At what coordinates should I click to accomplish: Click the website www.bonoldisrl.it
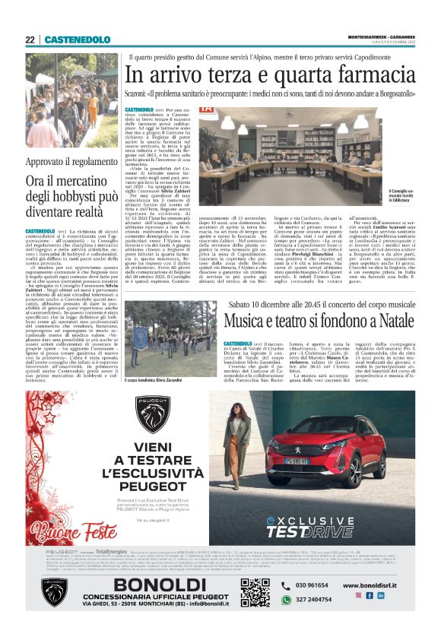398,585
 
